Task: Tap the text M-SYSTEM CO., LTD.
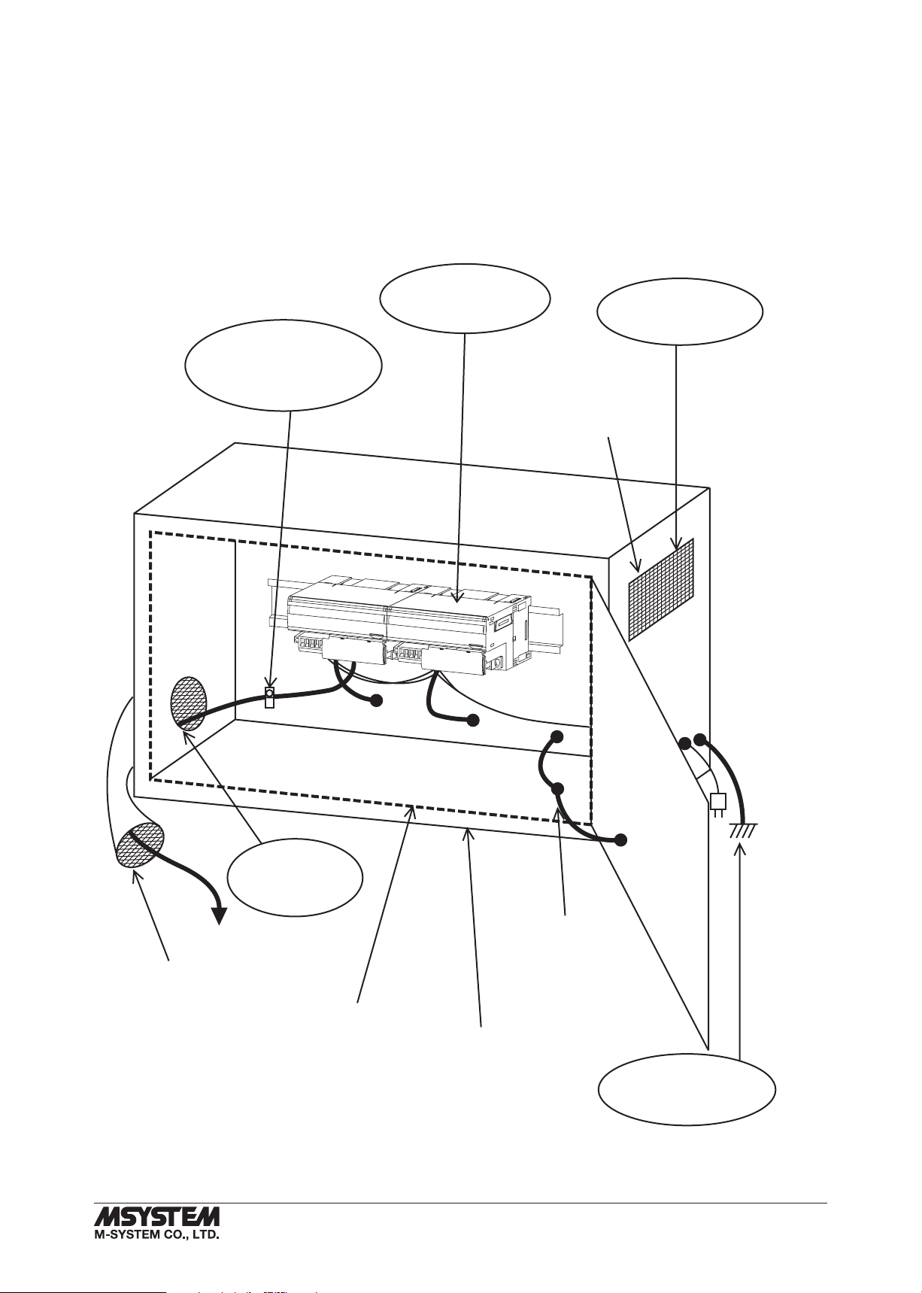pyautogui.click(x=156, y=1234)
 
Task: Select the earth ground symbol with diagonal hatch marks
pyautogui.click(x=743, y=829)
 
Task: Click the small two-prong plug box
pyautogui.click(x=717, y=802)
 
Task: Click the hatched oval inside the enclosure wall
pyautogui.click(x=189, y=703)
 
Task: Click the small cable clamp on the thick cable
pyautogui.click(x=269, y=697)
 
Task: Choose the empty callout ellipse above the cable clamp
pyautogui.click(x=284, y=365)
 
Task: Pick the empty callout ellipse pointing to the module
pyautogui.click(x=466, y=298)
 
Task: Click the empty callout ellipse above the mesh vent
pyautogui.click(x=679, y=311)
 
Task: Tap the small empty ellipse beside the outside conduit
pyautogui.click(x=295, y=878)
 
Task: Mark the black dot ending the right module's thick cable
pyautogui.click(x=472, y=720)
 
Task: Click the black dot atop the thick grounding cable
pyautogui.click(x=699, y=739)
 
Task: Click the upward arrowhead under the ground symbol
pyautogui.click(x=741, y=849)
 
